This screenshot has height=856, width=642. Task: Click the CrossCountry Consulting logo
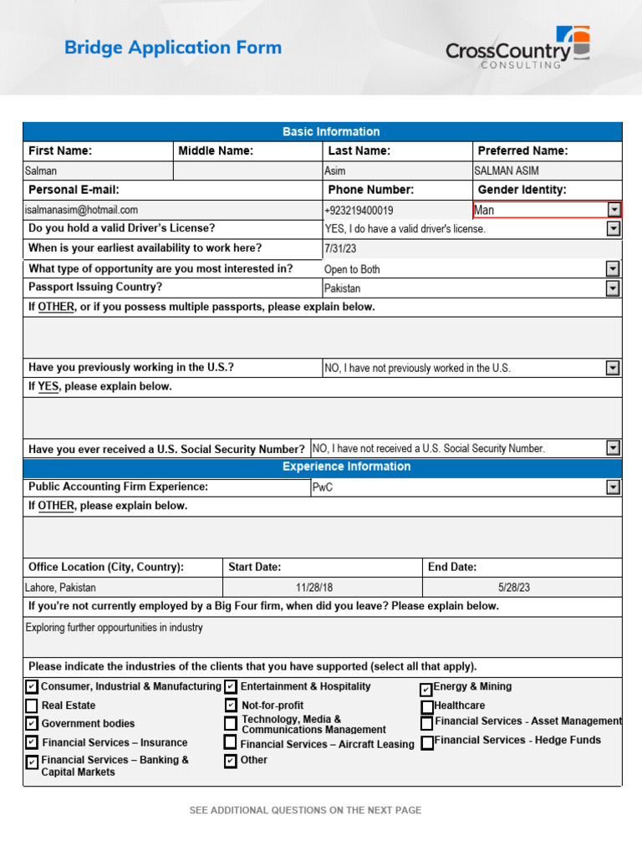point(517,48)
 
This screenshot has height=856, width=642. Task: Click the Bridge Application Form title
point(173,48)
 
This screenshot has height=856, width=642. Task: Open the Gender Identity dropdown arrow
point(614,210)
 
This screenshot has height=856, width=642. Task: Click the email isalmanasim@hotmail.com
point(82,211)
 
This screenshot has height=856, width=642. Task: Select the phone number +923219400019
point(359,211)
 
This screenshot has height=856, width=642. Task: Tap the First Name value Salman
point(41,171)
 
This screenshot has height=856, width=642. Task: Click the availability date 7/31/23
point(339,249)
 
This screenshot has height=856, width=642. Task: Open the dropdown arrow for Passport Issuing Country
point(614,288)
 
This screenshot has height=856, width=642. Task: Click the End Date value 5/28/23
point(513,588)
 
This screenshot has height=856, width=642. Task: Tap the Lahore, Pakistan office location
point(61,588)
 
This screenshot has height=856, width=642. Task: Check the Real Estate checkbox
point(32,706)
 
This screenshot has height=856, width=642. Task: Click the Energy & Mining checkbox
point(426,690)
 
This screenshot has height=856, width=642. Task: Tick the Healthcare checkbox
point(426,707)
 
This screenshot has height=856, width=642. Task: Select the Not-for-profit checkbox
point(231,706)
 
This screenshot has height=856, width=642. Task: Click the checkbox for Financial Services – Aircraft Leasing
point(230,742)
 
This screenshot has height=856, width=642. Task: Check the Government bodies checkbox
point(32,724)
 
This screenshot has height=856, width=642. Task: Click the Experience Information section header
point(346,466)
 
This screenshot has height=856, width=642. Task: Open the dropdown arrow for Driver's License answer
point(614,228)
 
